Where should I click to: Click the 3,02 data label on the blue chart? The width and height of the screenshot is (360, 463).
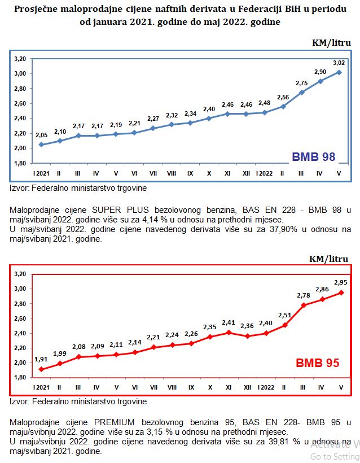[339, 63]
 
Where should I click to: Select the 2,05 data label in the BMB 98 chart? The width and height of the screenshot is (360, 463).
[41, 136]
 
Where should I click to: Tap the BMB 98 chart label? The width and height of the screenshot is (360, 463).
[313, 156]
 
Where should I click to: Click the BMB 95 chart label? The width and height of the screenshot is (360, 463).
[318, 363]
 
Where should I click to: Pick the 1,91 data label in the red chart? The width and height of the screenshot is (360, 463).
[41, 359]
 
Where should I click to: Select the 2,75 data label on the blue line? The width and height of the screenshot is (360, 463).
[302, 82]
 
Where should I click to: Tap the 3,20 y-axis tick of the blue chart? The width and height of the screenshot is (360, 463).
[20, 59]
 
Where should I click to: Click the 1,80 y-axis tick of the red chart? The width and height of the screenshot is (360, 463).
[20, 378]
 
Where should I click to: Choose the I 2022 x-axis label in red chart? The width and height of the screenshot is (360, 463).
[265, 388]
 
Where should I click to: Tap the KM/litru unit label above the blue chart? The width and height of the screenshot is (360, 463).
[332, 43]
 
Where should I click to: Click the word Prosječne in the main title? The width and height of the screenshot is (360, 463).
[38, 10]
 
